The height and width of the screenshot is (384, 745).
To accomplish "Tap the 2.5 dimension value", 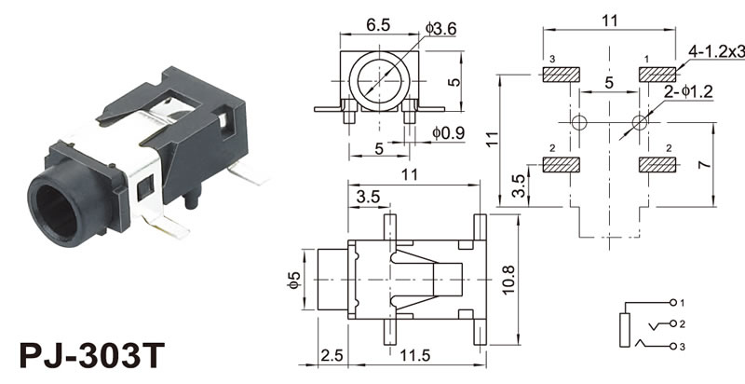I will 332,356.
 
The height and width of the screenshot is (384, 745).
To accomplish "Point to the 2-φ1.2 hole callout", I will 687,93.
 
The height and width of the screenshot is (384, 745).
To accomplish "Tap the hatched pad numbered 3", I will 561,75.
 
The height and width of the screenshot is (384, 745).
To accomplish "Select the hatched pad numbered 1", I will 658,75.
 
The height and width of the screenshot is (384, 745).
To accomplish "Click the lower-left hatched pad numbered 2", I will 561,165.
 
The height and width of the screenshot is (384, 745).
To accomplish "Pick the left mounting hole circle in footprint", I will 578,122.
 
